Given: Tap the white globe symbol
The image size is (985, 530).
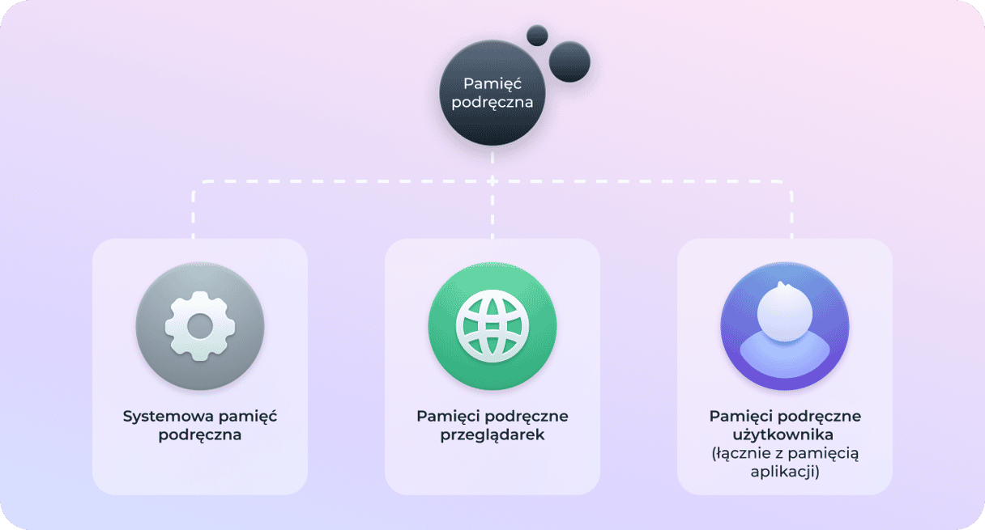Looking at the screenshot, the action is [x=492, y=326].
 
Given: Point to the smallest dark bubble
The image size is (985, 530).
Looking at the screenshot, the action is [x=537, y=35].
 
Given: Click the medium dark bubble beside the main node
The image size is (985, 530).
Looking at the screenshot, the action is [x=569, y=61].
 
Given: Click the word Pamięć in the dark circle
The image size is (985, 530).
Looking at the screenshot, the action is [x=492, y=83].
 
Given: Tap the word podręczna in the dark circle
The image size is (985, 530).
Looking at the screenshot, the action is [x=492, y=102].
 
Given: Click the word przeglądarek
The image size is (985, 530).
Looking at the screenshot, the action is [x=492, y=435].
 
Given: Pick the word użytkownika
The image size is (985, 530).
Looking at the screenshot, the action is [x=783, y=435].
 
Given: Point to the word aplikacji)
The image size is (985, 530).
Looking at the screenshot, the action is [x=785, y=472].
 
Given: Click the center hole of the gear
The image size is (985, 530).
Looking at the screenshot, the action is [x=200, y=326].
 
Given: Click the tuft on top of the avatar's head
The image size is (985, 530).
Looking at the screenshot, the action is [x=782, y=286].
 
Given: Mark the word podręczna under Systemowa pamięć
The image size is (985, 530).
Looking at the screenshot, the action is [x=200, y=435].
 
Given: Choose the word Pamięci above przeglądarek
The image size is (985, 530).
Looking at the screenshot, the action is [x=445, y=416].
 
